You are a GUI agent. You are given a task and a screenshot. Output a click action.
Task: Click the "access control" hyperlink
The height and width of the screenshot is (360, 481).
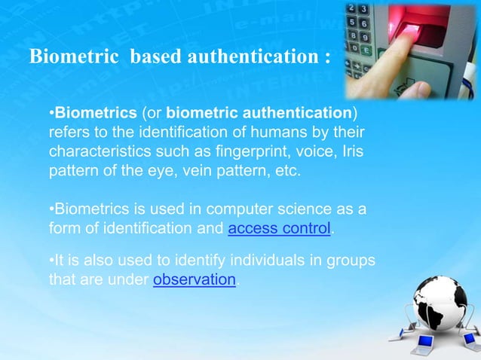(279, 228)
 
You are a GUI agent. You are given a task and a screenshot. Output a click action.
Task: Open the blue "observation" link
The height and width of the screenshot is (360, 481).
(195, 280)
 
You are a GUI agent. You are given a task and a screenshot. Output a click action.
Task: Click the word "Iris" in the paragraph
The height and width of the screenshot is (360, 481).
(351, 151)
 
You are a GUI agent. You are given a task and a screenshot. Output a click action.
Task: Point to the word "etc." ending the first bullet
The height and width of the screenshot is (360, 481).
(285, 170)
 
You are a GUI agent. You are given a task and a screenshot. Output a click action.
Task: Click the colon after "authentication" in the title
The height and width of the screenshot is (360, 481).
(326, 58)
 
